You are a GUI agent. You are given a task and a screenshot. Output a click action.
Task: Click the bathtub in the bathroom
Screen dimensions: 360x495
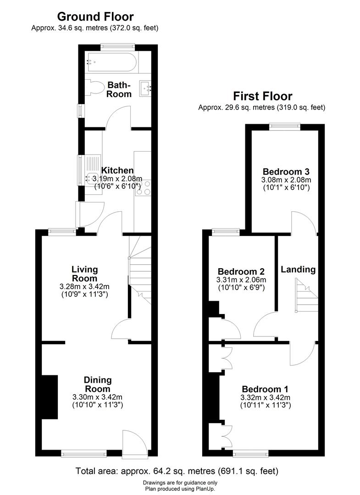(x=112, y=62)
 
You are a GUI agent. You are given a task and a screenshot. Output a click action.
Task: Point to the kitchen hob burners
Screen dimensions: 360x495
(x=143, y=187)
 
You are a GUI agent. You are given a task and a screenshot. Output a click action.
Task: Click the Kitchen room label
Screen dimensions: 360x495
(x=117, y=170)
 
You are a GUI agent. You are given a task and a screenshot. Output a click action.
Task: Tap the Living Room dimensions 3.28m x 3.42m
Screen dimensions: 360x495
(x=84, y=286)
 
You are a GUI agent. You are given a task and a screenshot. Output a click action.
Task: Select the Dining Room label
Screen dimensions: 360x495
(x=98, y=384)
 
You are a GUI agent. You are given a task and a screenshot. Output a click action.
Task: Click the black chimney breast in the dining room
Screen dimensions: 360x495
(x=50, y=397)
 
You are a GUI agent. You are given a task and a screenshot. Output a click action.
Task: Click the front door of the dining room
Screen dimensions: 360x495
(x=134, y=444)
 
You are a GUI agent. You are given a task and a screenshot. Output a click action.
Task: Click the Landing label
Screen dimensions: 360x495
(x=298, y=269)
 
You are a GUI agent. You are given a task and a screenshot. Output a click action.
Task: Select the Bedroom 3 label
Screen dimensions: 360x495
(x=286, y=172)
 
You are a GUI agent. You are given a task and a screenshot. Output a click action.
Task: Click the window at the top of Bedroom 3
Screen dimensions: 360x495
(x=285, y=126)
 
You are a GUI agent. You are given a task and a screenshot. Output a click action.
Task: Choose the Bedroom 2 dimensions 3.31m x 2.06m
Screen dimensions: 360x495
(x=241, y=280)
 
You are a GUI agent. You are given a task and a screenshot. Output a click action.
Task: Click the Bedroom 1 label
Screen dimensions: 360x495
(x=265, y=389)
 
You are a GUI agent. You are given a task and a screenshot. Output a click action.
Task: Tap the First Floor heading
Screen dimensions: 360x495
(x=263, y=96)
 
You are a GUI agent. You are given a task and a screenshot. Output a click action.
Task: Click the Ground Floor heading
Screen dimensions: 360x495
(x=95, y=16)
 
